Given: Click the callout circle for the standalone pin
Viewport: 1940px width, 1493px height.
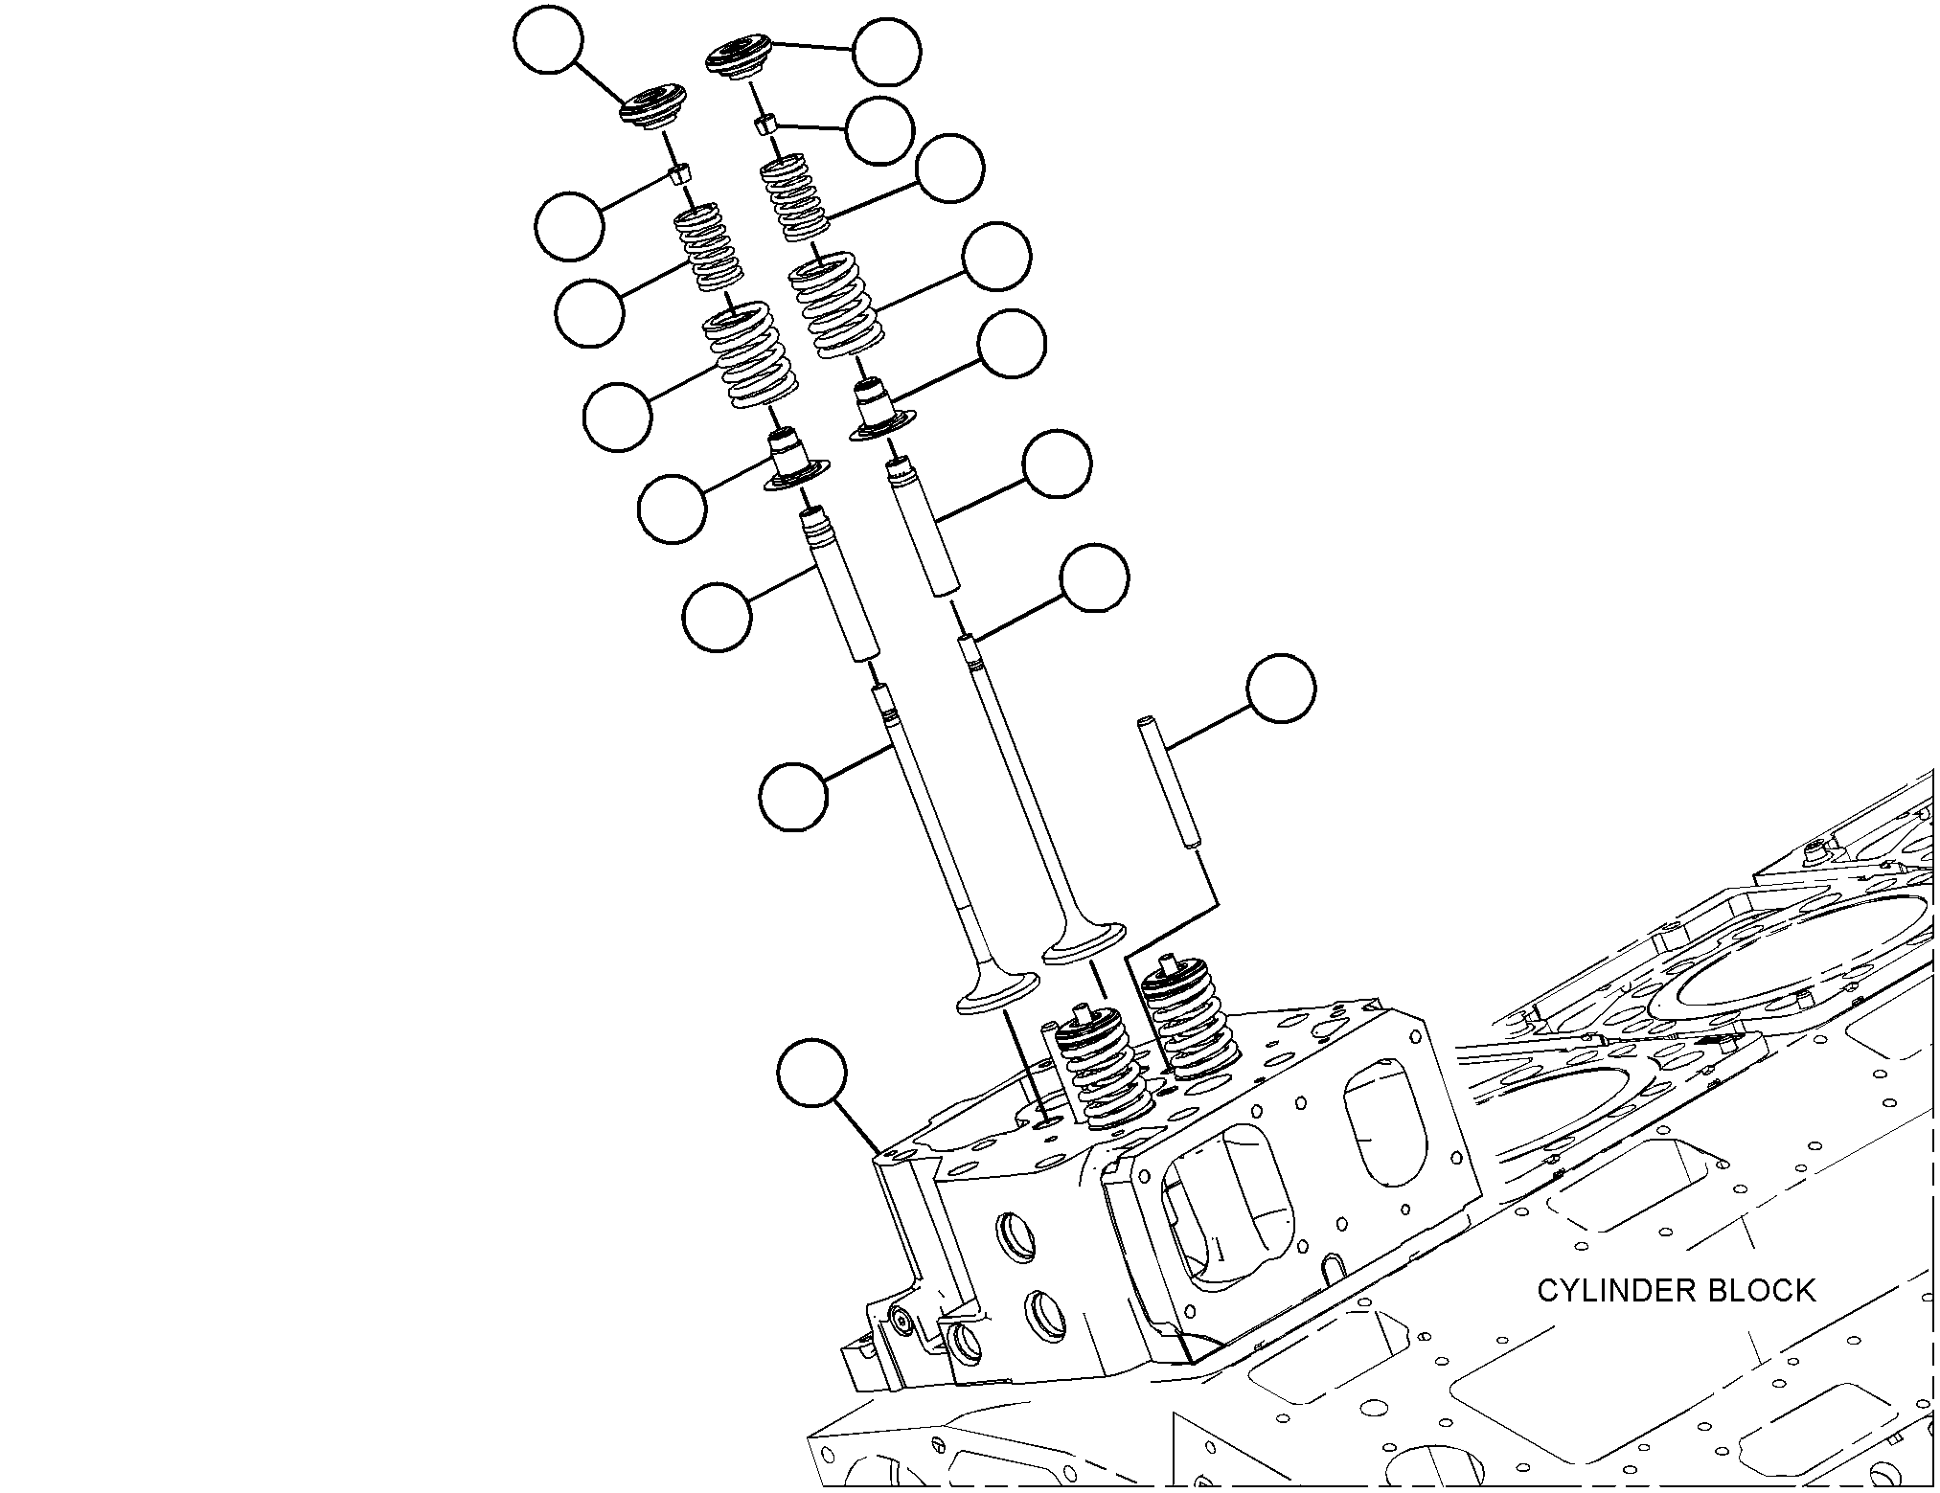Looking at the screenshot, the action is [1281, 689].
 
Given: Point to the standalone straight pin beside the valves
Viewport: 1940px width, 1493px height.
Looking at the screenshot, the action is [1166, 781].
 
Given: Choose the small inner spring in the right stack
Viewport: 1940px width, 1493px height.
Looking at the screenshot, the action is [795, 198].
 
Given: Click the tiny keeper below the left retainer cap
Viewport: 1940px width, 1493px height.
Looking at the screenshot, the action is [679, 174].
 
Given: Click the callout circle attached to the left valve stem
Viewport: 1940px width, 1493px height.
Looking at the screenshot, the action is [793, 797].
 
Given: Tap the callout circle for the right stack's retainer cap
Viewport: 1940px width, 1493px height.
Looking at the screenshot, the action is [887, 50].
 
